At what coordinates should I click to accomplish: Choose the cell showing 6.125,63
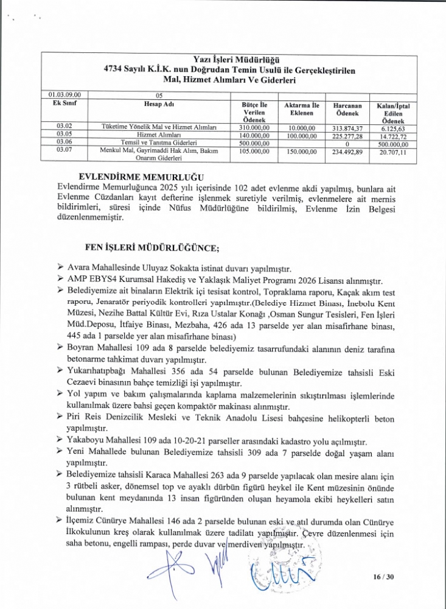click(393, 126)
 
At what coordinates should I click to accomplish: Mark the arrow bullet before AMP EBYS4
click(60, 280)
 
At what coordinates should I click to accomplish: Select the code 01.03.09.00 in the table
click(65, 95)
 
